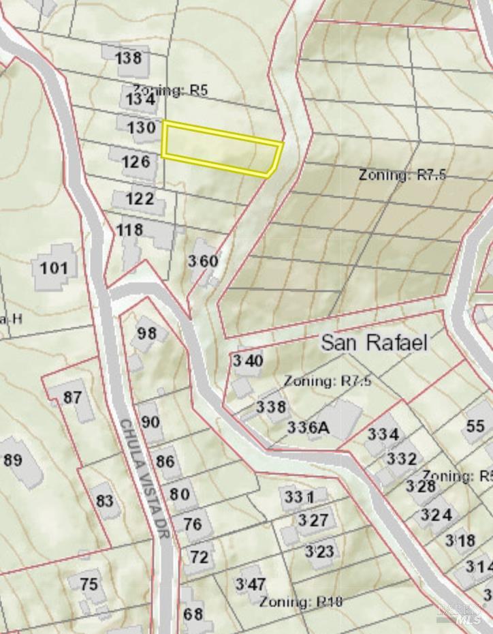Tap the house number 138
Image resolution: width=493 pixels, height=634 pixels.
coord(128,57)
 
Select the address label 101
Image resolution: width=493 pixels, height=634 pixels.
coord(54,267)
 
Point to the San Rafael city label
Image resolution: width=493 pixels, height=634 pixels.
coord(375,342)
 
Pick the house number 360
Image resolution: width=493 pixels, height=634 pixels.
coord(203,261)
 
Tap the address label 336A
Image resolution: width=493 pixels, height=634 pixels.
coord(308,427)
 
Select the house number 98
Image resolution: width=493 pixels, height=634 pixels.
coord(146,333)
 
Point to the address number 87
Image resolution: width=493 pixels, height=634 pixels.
coord(72,397)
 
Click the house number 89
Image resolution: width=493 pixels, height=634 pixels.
coord(13,459)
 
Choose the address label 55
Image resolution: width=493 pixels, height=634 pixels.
coord(475,427)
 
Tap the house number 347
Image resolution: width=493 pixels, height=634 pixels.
coord(250,584)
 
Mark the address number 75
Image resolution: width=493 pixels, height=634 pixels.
coord(89,584)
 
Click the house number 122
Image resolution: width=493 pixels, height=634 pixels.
coord(140,200)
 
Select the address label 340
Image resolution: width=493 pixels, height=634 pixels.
coord(247,361)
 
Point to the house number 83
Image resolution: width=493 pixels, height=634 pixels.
coord(104,501)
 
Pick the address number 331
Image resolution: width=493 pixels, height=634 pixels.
coord(300,497)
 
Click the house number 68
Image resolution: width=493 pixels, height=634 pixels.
coord(193,614)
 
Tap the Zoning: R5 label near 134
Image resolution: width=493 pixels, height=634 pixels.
coord(170,89)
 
